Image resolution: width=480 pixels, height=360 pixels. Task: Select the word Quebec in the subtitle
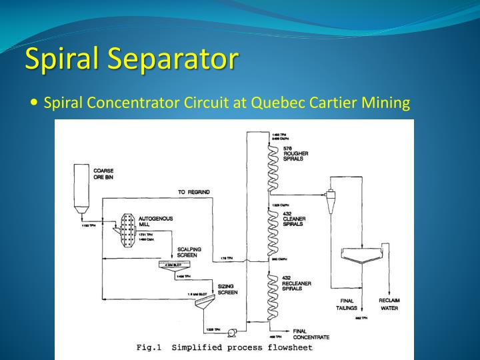coord(277,103)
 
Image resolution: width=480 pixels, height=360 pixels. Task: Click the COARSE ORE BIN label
coord(103,175)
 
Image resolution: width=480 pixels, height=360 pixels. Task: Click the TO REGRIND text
coord(193,192)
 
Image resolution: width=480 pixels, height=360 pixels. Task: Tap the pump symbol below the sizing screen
coord(233,333)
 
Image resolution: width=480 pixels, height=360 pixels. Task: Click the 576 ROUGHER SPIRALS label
coord(296,154)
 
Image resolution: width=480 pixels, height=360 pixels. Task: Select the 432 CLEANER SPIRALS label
coord(296,219)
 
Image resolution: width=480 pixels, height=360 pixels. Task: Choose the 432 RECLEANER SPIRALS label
coord(298,283)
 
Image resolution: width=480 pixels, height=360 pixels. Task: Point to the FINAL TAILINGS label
coord(347,305)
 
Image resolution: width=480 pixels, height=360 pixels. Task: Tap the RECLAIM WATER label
coord(389,305)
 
